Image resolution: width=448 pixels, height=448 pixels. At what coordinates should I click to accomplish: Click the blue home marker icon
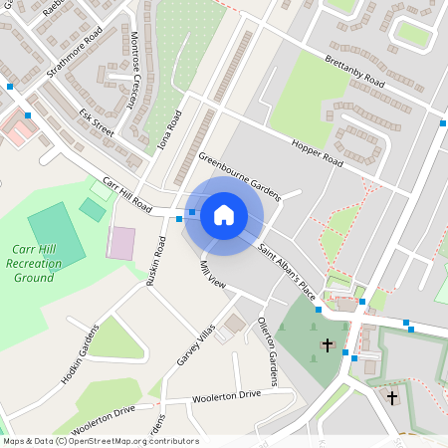[224, 215]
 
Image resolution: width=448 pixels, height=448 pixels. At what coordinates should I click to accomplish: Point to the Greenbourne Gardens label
[240, 175]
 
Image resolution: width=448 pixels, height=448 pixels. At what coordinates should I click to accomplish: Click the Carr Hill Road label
[126, 197]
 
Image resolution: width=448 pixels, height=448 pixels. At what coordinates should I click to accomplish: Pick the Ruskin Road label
[155, 261]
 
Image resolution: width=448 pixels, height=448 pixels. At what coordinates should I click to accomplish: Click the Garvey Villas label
[197, 344]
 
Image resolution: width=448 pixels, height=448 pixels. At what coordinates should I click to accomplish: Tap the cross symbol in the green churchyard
[328, 344]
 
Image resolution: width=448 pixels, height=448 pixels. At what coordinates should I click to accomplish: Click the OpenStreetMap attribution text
[100, 440]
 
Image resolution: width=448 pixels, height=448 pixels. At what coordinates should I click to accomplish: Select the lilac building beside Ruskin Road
[121, 243]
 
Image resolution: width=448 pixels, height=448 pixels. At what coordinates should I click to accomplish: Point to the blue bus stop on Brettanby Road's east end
[442, 123]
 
